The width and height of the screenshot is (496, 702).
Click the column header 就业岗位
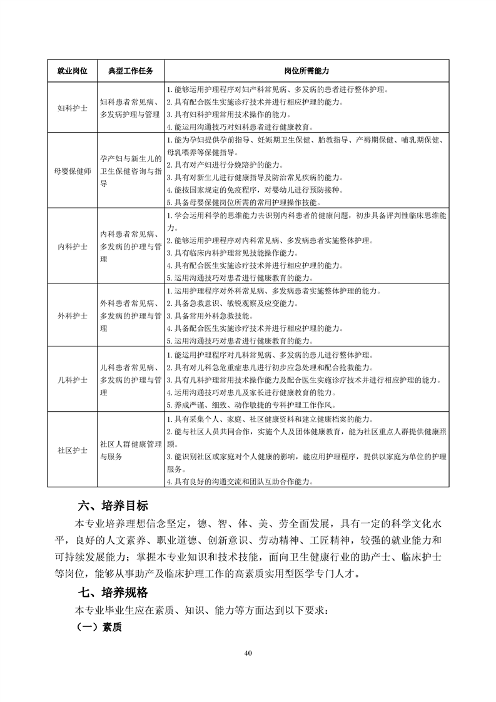[72, 71]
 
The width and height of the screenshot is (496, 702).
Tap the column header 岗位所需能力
[306, 71]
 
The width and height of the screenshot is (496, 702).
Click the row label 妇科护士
[72, 108]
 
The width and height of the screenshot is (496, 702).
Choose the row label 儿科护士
[72, 380]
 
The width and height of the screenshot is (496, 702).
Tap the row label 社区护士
[72, 450]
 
